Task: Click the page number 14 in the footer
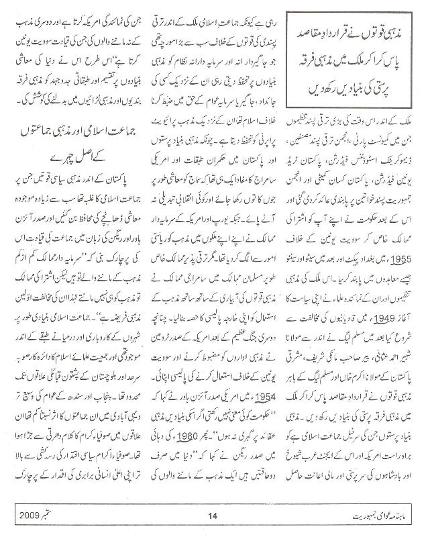pos(214,516)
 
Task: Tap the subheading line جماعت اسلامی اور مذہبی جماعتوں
pos(70,162)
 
